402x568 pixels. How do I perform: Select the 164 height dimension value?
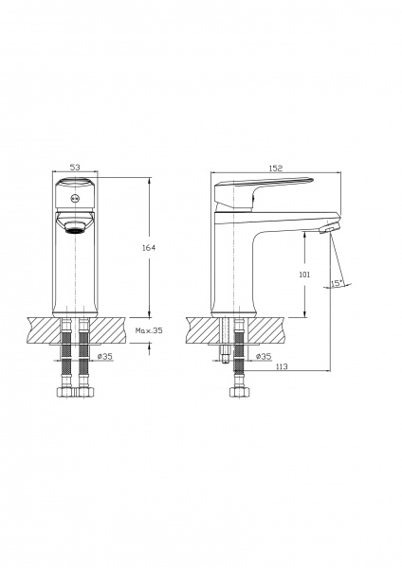147,247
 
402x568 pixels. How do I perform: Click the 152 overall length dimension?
276,168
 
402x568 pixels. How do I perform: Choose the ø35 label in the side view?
265,357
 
